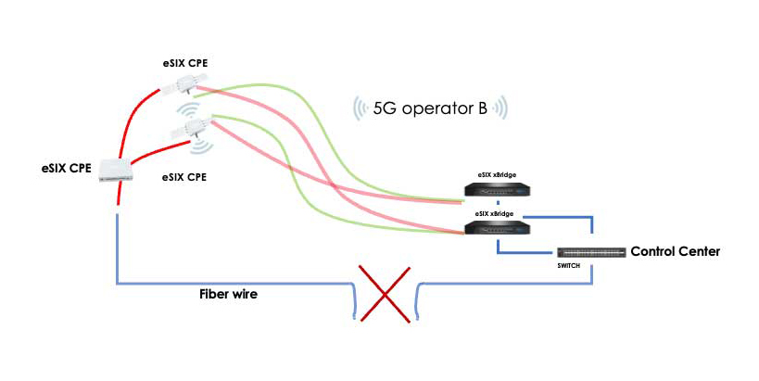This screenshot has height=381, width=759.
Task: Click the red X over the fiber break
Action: [x=385, y=294]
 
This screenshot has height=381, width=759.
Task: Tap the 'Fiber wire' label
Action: [x=229, y=294]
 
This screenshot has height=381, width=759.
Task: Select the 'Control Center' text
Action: [x=676, y=251]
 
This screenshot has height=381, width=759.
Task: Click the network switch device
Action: [x=591, y=252]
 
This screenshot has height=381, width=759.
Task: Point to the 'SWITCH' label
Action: [x=568, y=266]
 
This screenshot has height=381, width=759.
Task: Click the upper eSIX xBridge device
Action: [x=497, y=189]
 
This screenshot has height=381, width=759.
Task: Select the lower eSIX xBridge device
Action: [x=497, y=227]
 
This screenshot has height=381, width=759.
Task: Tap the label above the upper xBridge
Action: [x=497, y=175]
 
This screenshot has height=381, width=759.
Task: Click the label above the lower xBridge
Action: [x=494, y=213]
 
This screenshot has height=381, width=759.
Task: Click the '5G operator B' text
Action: [x=430, y=108]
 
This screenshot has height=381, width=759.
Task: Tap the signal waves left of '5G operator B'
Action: [x=360, y=108]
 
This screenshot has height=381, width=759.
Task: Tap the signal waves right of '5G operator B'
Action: [x=500, y=108]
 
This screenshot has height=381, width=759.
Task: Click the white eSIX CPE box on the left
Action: [x=116, y=171]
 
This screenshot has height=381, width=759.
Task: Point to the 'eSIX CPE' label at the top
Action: [x=185, y=63]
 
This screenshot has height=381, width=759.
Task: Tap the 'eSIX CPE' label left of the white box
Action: [x=67, y=169]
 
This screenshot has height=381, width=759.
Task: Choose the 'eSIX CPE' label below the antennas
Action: [x=183, y=177]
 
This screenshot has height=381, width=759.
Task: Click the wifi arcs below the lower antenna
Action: [x=202, y=146]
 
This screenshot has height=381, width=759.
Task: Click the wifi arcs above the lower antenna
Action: [x=188, y=110]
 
